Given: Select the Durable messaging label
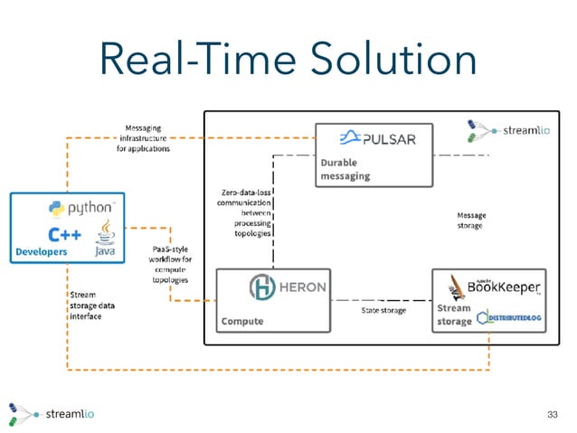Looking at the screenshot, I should point(345,168).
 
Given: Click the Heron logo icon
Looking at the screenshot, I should point(262,288).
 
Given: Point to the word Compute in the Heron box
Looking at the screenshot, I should point(243,321).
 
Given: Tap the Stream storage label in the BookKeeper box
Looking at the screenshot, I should point(454,315).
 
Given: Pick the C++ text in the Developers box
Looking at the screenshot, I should point(64,235).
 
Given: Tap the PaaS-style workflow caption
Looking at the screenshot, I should point(168,263).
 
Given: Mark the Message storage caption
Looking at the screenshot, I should point(469,220).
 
